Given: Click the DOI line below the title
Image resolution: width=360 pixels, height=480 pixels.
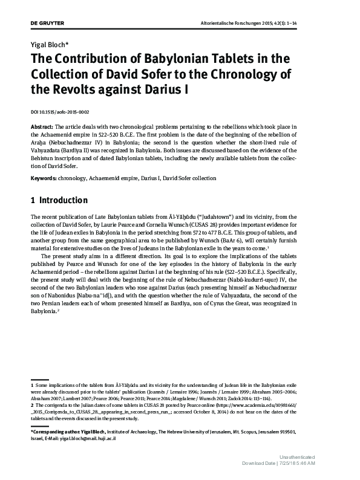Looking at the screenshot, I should click(x=61, y=111).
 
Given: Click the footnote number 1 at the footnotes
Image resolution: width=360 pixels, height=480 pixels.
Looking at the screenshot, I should click(x=31, y=385).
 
